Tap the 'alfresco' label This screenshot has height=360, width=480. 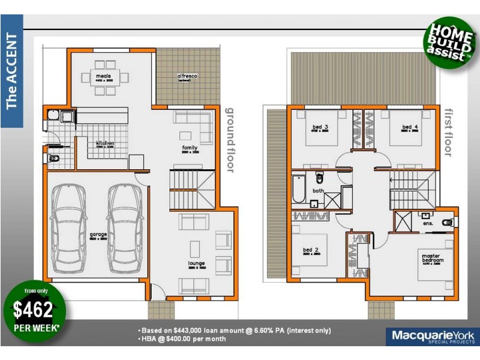(187, 77)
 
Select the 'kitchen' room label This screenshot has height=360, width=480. (105, 144)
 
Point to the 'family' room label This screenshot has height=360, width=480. (190, 147)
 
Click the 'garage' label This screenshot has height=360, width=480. (98, 235)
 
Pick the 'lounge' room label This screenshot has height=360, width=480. (196, 263)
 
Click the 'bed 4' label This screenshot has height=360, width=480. (410, 127)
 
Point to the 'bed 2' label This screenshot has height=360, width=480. (311, 250)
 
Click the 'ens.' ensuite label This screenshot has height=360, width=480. (428, 223)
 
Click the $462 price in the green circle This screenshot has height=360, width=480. (33, 310)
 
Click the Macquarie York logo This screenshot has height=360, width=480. (431, 336)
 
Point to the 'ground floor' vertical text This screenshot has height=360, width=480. (229, 139)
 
